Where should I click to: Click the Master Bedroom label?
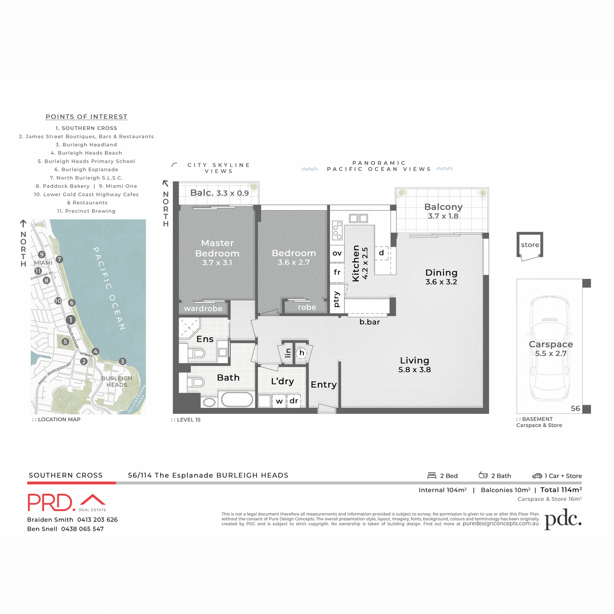pos(217,248)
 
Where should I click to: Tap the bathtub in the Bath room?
pos(236,400)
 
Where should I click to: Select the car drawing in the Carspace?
pos(549,348)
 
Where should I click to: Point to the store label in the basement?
pos(530,245)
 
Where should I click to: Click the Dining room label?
pos(441,273)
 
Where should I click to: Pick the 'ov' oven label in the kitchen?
pos(337,253)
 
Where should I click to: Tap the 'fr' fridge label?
pos(337,272)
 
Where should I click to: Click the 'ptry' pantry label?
pos(336,299)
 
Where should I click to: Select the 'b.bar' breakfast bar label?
pos(369,322)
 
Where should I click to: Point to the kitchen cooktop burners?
pos(337,230)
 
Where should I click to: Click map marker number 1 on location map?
pos(71,320)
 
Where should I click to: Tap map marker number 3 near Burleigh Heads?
pos(122,361)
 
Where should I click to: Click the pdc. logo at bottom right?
pos(563,519)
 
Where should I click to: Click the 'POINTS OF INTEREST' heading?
pos(86,117)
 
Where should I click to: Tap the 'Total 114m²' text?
pos(561,490)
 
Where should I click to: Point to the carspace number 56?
pos(575,408)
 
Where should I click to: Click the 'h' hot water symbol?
pos(302,353)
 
